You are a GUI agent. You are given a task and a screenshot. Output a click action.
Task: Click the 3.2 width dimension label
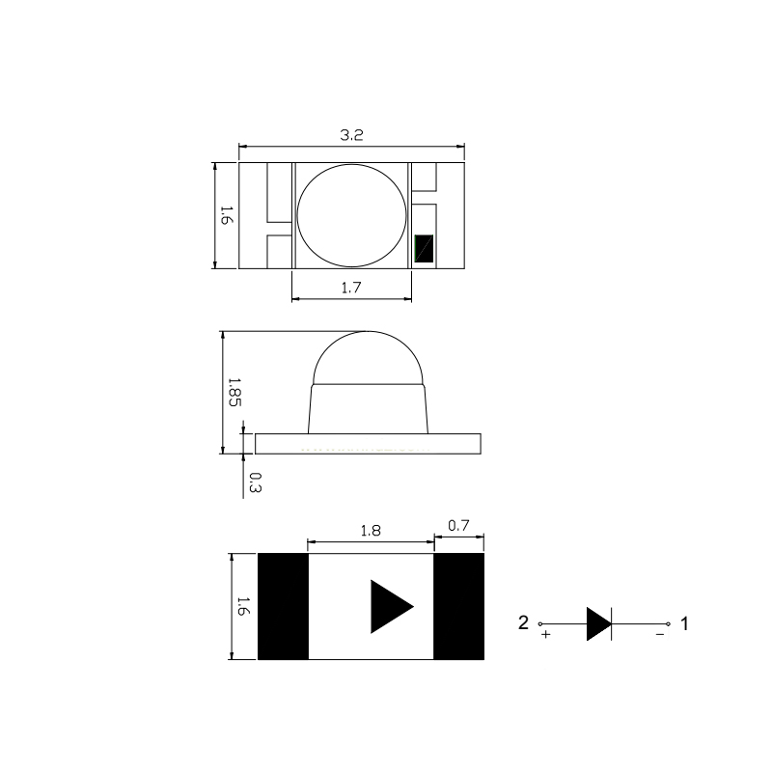coord(351,136)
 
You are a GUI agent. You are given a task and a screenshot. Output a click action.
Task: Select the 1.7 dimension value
coord(351,286)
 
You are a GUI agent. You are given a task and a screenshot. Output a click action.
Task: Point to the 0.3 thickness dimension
coord(254,482)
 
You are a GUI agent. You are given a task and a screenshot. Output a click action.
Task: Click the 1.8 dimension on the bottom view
coord(370,530)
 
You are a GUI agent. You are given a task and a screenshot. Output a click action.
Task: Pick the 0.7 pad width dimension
coord(458,526)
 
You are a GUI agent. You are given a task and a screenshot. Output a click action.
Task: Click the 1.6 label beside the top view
coord(225,215)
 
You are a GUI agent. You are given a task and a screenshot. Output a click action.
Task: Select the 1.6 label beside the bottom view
coord(242,607)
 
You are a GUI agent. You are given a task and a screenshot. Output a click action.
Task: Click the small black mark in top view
coord(425,249)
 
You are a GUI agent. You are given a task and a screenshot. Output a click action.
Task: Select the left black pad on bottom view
coord(283,606)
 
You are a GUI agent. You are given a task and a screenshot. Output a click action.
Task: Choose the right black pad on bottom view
coord(458,606)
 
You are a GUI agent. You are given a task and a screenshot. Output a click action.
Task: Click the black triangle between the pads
coord(390,607)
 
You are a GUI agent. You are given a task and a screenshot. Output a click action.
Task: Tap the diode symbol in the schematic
coord(598,624)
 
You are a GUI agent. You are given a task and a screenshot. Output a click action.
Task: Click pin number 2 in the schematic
coord(523,622)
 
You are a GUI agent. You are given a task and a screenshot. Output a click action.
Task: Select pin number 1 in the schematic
coord(684,623)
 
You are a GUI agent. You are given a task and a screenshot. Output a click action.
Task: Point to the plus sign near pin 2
coord(546,636)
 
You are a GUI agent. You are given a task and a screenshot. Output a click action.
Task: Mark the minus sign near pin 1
coord(660,635)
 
